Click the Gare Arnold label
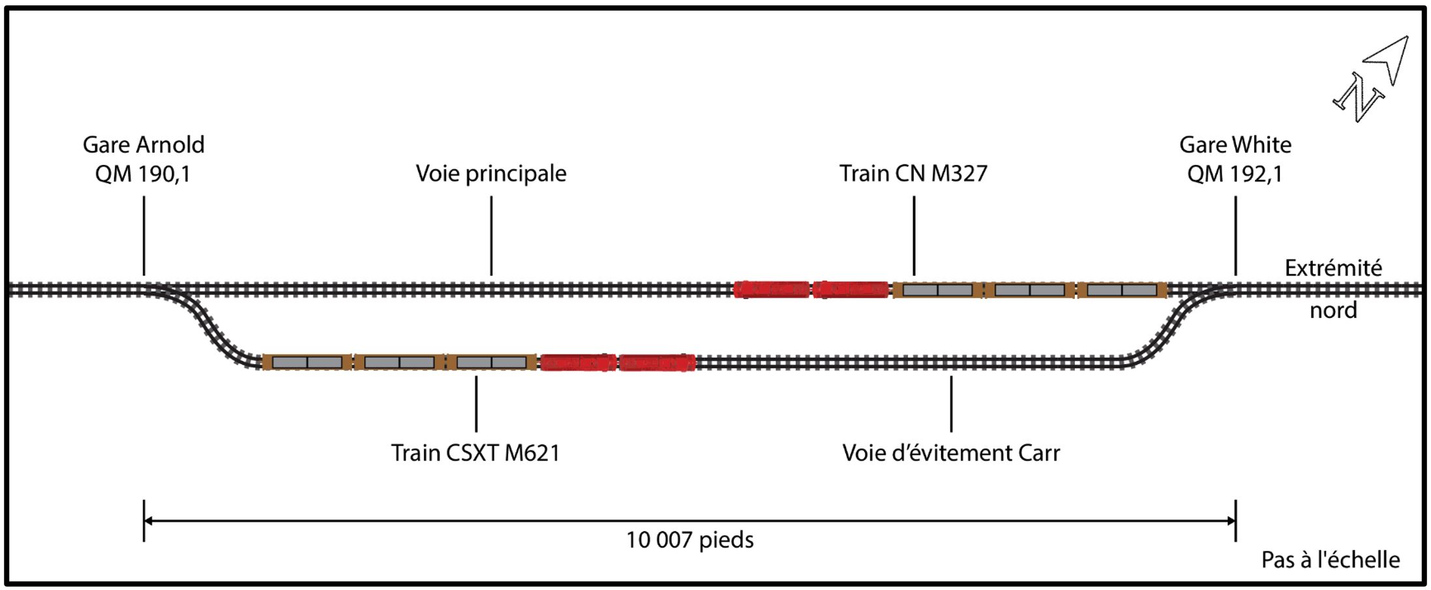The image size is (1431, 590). pos(143,144)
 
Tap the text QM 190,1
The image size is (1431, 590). pos(143,174)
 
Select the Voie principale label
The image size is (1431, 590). pos(491,174)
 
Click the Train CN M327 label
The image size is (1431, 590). pos(913,174)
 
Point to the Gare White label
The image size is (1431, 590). pos(1235,144)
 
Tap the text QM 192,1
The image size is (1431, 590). pos(1235,174)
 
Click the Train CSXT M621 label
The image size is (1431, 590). pos(475,452)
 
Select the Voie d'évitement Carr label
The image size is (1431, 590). pos(951,452)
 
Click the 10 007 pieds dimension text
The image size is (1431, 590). pos(689,540)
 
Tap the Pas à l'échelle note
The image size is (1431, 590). pos(1330,559)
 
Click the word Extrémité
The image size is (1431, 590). pos(1333,268)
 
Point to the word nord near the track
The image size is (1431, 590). pos(1333,310)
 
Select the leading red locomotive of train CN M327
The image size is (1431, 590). pos(772,289)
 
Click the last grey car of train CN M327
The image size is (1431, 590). pos(1122,289)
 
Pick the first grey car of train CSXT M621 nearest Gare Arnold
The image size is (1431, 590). pos(307,362)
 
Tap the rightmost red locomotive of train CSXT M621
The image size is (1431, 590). pos(657,362)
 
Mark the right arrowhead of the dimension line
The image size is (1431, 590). pos(1231,520)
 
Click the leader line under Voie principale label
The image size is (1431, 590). pos(491,235)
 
